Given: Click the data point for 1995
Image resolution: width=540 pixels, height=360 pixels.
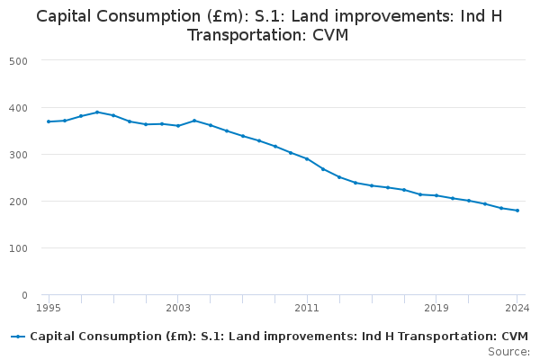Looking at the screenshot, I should click(49, 121).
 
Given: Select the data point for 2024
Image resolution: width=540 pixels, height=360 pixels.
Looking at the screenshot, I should click(517, 211).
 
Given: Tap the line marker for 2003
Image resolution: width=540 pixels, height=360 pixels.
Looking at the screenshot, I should click(178, 126).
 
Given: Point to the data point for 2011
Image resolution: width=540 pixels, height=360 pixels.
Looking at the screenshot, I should click(307, 158).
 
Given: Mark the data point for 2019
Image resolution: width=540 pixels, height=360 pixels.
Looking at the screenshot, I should click(436, 195).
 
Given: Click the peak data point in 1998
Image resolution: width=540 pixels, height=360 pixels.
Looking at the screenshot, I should click(97, 112).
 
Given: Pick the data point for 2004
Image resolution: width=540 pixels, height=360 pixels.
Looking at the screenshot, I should click(194, 121).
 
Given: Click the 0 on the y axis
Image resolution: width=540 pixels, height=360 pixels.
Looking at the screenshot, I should click(24, 295).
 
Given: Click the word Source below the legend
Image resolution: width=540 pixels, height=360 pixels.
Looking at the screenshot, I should click(508, 351).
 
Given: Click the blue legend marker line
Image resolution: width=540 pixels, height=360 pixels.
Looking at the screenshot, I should click(18, 337).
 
